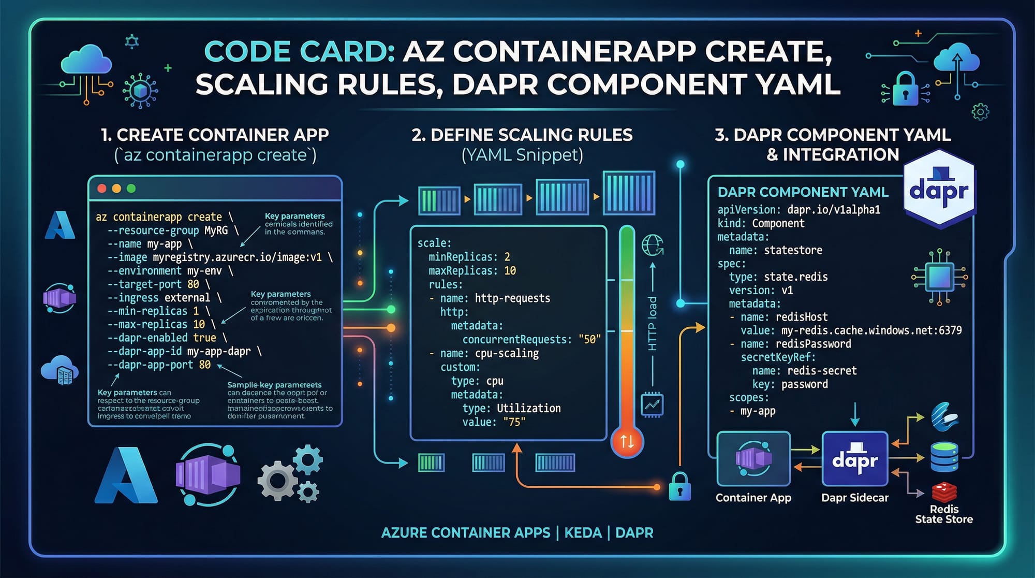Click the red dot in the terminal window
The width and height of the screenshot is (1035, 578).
coord(102,189)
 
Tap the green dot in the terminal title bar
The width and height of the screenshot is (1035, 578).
coord(131,189)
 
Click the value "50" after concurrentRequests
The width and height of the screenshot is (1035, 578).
coord(589,340)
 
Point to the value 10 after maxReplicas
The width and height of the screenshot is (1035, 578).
coord(510,271)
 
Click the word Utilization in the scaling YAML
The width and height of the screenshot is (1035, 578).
coord(528,409)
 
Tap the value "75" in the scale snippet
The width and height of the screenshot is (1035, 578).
coord(514,422)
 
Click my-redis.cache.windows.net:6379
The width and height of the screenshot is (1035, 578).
coord(871,330)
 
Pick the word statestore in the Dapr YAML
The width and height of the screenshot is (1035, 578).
coord(793,250)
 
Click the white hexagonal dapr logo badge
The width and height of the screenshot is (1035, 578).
coord(939,190)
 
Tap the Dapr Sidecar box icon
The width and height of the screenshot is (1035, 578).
coord(855,459)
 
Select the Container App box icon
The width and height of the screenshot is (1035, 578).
coord(753,459)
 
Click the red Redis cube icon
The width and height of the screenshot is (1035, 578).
coord(944,492)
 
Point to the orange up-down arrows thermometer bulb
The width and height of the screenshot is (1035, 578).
coord(627,442)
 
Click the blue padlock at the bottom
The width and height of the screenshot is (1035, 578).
coord(679,487)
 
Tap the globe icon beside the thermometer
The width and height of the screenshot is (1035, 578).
coord(652,245)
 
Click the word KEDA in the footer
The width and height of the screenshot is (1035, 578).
coord(583,533)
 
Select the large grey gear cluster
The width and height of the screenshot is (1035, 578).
coord(289,474)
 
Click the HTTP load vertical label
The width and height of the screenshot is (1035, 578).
coord(653,324)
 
